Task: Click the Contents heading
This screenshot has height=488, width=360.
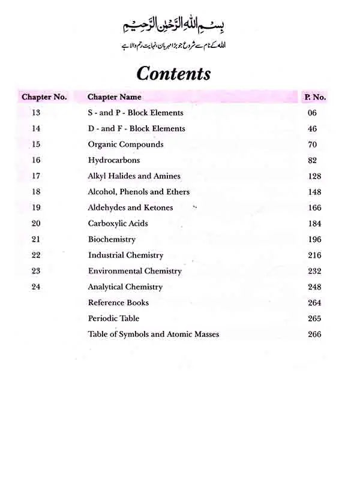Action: pos(173,73)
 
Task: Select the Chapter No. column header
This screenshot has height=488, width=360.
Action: pos(44,97)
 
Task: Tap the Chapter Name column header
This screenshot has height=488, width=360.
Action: pos(115,97)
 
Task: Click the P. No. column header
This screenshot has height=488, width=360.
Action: pos(315,97)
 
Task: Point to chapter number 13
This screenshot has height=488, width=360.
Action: pos(36,113)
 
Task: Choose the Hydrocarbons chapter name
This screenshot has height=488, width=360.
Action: pos(114,160)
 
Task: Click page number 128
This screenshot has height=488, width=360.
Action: pos(314,176)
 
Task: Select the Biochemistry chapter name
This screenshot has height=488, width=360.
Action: pos(112,239)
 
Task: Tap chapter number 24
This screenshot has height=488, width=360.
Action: pos(36,287)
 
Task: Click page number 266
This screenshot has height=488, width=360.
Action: pos(314,335)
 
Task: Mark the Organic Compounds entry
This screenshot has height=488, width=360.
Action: pos(125,144)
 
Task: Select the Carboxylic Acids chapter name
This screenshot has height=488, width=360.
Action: pos(118,224)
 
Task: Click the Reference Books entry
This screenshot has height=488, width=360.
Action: pos(118,303)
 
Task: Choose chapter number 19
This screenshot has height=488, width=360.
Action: pos(36,208)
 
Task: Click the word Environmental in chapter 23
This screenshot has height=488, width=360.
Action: pos(115,271)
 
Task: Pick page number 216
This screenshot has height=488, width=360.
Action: pos(314,255)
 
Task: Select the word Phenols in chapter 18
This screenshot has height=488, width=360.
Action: pos(135,192)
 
